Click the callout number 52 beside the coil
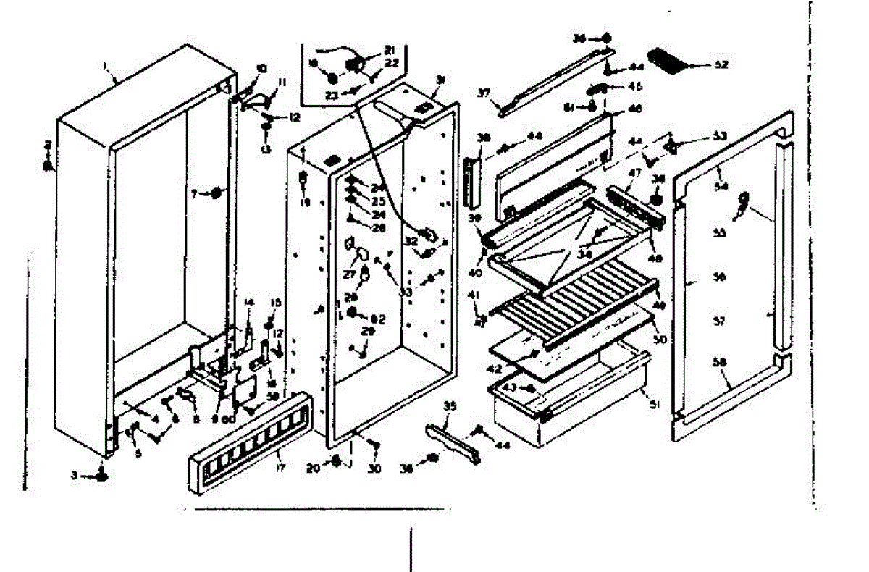point(720,64)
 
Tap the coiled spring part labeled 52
point(670,61)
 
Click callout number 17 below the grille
point(280,457)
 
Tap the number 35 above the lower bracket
point(449,408)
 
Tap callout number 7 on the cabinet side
point(194,193)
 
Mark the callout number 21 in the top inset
point(390,49)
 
